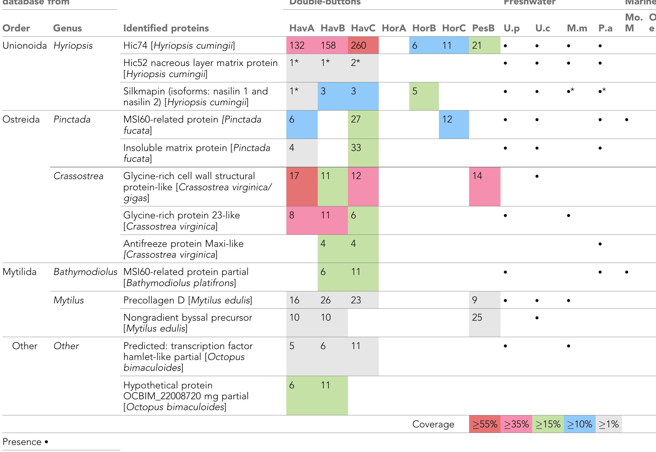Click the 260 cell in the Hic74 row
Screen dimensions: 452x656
pyautogui.click(x=359, y=45)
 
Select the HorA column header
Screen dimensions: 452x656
pyautogui.click(x=394, y=28)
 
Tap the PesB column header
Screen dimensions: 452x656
pyautogui.click(x=483, y=28)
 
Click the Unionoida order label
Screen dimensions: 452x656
pyautogui.click(x=25, y=45)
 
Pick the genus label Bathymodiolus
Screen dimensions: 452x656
pyautogui.click(x=85, y=272)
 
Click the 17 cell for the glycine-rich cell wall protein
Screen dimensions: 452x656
pyautogui.click(x=294, y=176)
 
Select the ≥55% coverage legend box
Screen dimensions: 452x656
pyautogui.click(x=485, y=424)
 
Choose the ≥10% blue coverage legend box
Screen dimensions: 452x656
pyautogui.click(x=579, y=424)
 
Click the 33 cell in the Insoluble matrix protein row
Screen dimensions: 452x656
pyautogui.click(x=356, y=147)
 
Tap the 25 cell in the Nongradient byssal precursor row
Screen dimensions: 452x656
pyautogui.click(x=477, y=317)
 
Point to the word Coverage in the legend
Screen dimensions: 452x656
pyautogui.click(x=433, y=424)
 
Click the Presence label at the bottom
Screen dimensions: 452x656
pyautogui.click(x=22, y=442)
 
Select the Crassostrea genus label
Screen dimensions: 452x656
pyautogui.click(x=78, y=176)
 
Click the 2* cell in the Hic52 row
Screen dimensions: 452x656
pyautogui.click(x=356, y=63)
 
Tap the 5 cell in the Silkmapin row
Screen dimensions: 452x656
pyautogui.click(x=415, y=91)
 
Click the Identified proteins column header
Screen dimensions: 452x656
pyautogui.click(x=166, y=28)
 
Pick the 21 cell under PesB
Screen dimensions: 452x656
pyautogui.click(x=477, y=45)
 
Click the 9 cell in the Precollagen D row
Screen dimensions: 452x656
pyautogui.click(x=475, y=300)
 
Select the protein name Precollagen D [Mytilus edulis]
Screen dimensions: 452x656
pyautogui.click(x=188, y=300)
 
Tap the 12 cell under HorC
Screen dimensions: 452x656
pyautogui.click(x=447, y=119)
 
